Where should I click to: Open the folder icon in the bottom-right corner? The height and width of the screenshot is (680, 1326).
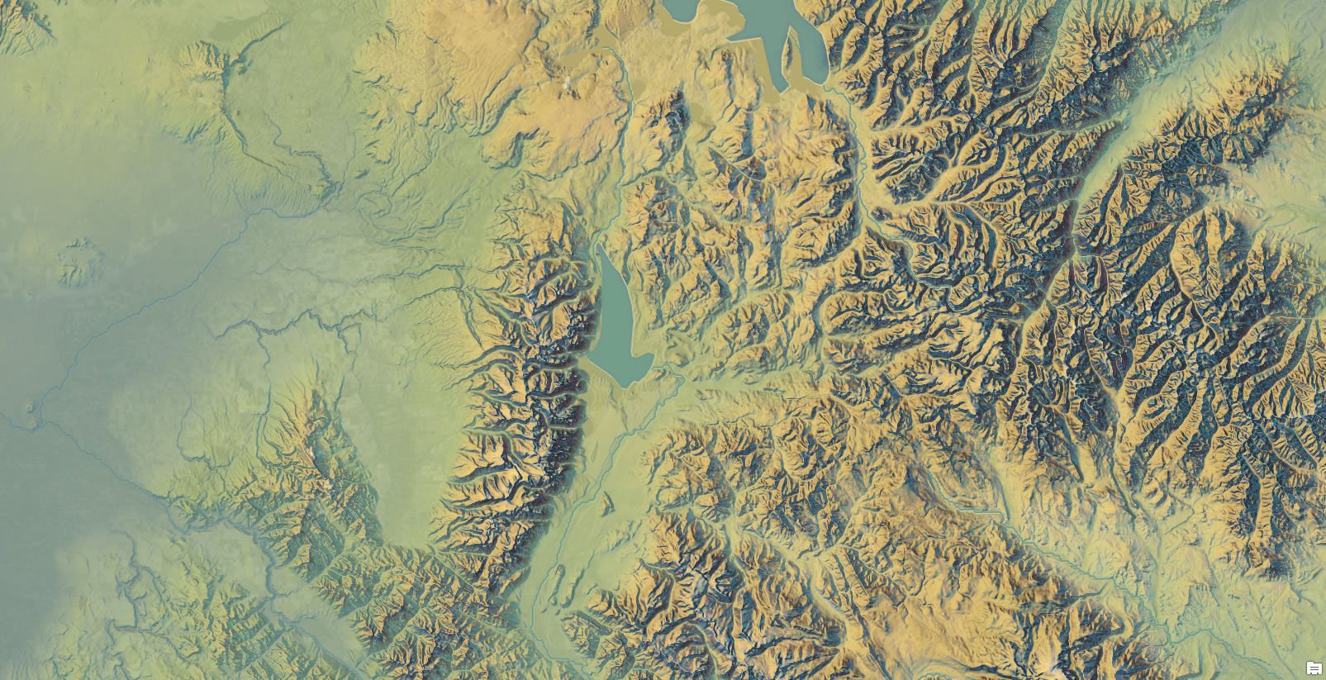[x=1314, y=668]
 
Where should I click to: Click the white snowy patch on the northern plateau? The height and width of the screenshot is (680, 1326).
[x=567, y=83]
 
